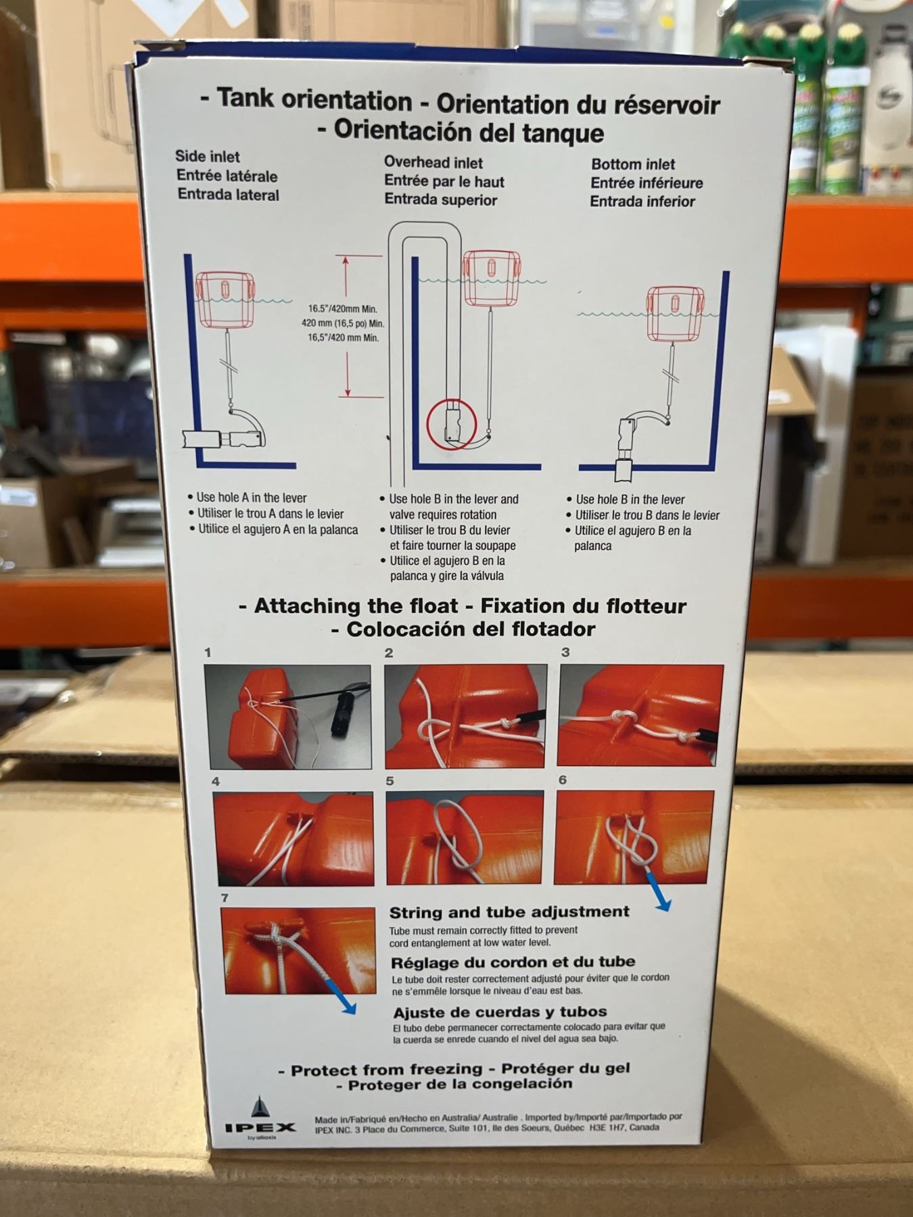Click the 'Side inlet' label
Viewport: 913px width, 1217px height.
(208, 156)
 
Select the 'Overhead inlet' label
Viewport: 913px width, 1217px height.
(434, 162)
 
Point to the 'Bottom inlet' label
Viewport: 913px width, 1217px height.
(633, 164)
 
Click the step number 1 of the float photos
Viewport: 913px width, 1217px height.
(208, 652)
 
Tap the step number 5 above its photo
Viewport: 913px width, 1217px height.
(390, 781)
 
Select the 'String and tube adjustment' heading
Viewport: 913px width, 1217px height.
(509, 911)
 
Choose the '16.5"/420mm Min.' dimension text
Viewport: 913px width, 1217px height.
(343, 309)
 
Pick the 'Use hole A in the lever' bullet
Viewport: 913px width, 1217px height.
(251, 498)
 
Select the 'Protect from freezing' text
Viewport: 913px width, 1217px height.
(386, 1070)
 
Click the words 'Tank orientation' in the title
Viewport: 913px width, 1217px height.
(314, 100)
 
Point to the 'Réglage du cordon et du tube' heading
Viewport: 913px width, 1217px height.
(513, 961)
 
